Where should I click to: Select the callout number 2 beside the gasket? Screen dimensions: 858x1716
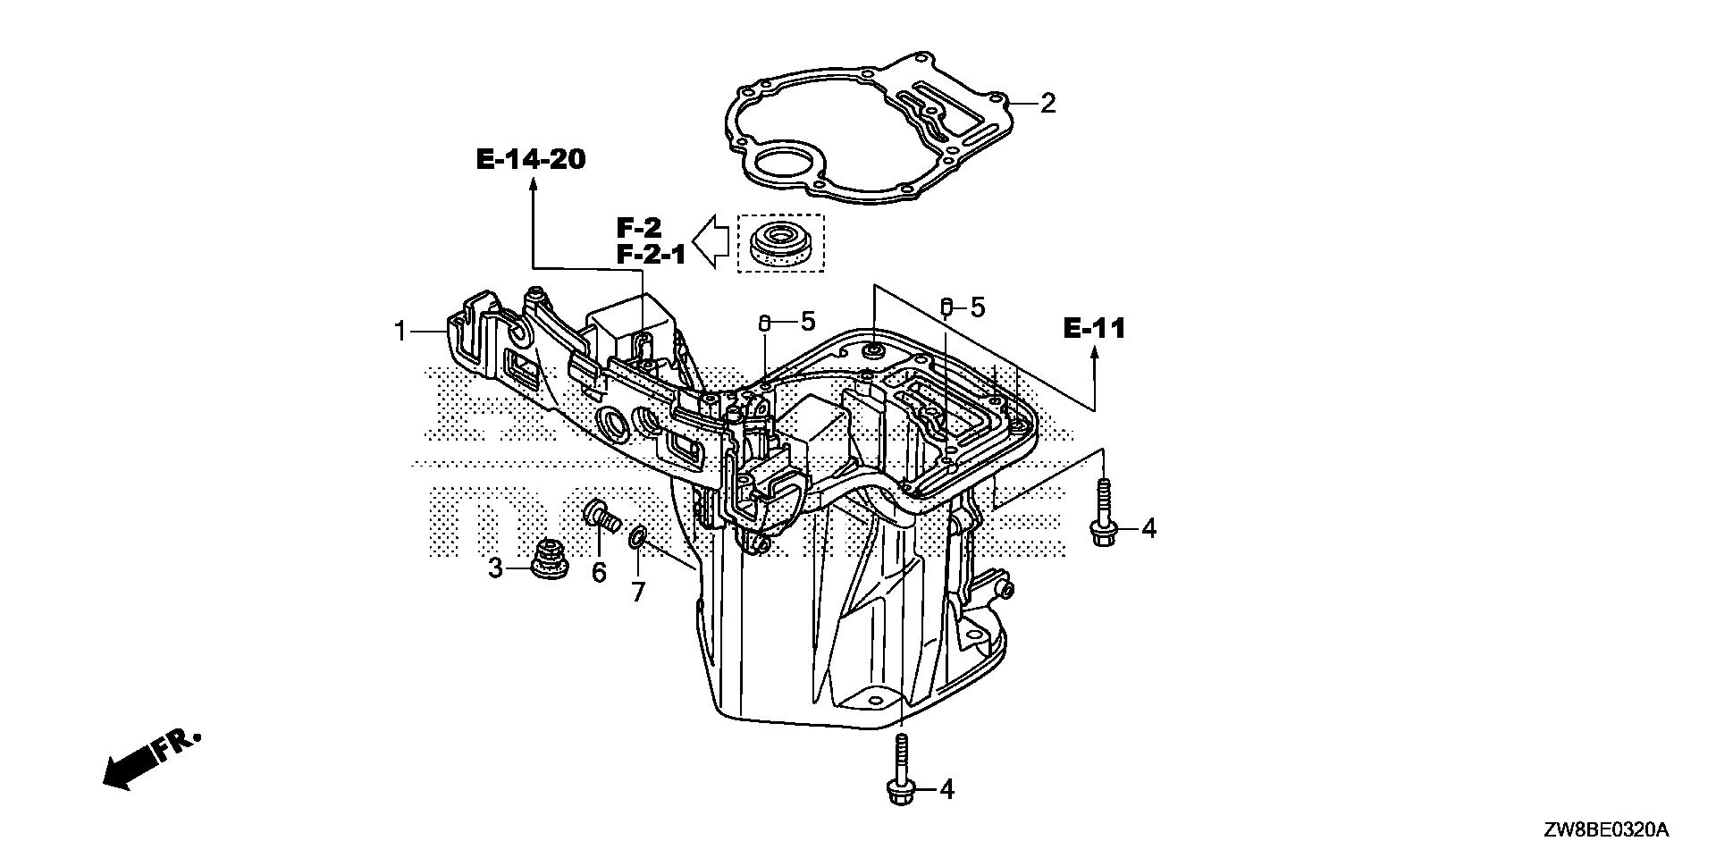[1047, 104]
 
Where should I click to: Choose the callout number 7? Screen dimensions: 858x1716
[637, 592]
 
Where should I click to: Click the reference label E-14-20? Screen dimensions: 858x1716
[531, 160]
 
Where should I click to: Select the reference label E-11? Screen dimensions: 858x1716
[1094, 329]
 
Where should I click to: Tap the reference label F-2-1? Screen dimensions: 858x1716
[651, 255]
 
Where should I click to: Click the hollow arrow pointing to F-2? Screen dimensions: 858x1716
[713, 241]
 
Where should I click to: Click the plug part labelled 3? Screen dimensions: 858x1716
[547, 559]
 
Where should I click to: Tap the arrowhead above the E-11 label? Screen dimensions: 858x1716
[1093, 356]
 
